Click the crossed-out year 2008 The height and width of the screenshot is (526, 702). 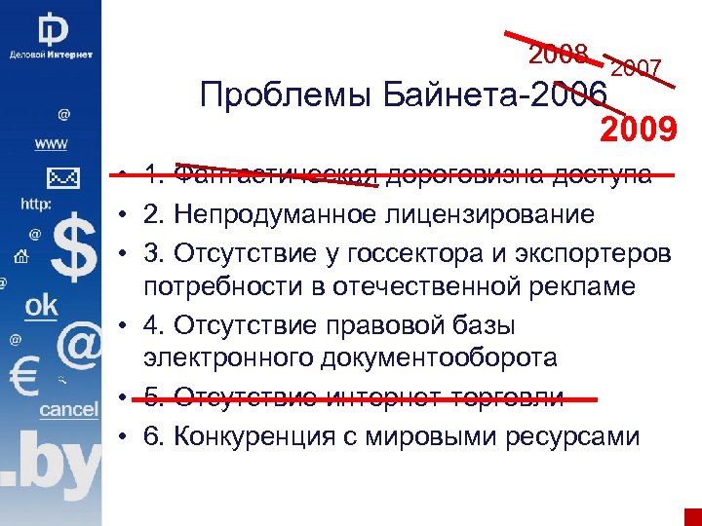click(558, 55)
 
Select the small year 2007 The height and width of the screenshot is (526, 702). click(636, 68)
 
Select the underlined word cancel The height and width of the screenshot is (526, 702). click(68, 410)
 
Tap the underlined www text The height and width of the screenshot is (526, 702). click(52, 144)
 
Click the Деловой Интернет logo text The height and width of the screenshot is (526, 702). click(51, 55)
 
